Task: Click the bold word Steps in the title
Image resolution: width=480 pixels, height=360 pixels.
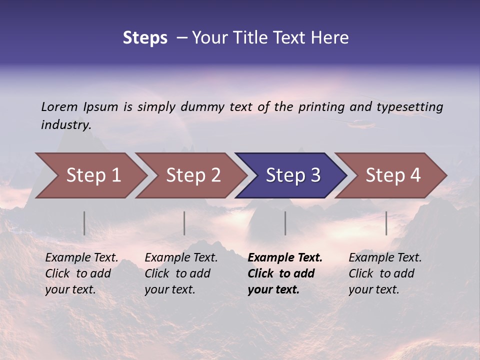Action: pos(145,38)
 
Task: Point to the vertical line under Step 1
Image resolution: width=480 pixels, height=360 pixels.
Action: pos(84,223)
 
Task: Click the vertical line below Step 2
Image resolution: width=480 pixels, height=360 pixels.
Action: pos(184,223)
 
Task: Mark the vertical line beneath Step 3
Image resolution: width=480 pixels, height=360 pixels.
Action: pos(285,223)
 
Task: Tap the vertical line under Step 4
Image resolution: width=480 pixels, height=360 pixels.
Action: pos(386,223)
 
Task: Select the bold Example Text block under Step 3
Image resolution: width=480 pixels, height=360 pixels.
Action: pos(285,273)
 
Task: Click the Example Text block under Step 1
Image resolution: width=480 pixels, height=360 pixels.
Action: pos(81,273)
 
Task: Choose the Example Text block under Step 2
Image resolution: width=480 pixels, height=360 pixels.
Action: pos(181,273)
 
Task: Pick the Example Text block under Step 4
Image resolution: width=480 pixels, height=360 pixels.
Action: pos(385,273)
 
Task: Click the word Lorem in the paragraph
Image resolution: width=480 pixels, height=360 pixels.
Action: pos(59,106)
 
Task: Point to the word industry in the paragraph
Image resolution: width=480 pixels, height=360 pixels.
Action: pos(66,124)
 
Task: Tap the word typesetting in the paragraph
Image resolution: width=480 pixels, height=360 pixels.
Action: pos(409,106)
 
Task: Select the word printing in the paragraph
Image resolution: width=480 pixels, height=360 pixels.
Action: pos(321,106)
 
